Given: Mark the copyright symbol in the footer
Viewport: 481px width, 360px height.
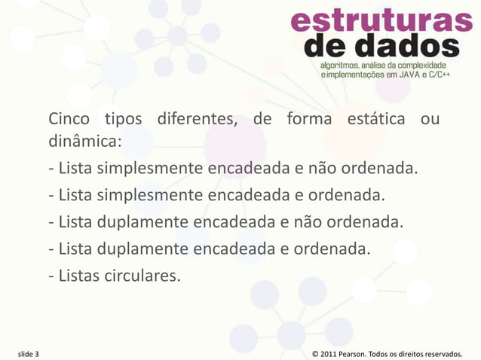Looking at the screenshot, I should tap(315, 353).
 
